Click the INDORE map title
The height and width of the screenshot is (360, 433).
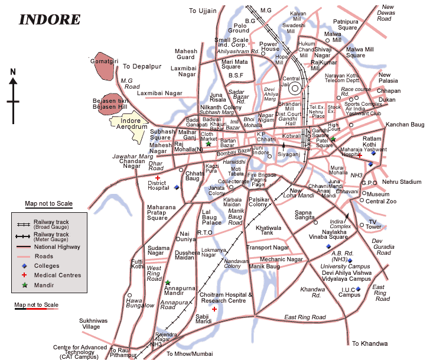pos(50,19)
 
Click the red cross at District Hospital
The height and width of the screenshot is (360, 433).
pos(158,177)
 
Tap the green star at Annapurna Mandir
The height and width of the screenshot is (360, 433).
pos(168,283)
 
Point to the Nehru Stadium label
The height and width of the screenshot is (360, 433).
pos(402,181)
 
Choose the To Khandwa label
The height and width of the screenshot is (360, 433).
pos(370,343)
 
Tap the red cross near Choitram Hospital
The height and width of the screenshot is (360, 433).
pos(214,309)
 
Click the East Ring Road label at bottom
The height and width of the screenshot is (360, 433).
pos(305,317)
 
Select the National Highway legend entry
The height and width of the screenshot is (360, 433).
pos(57,247)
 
